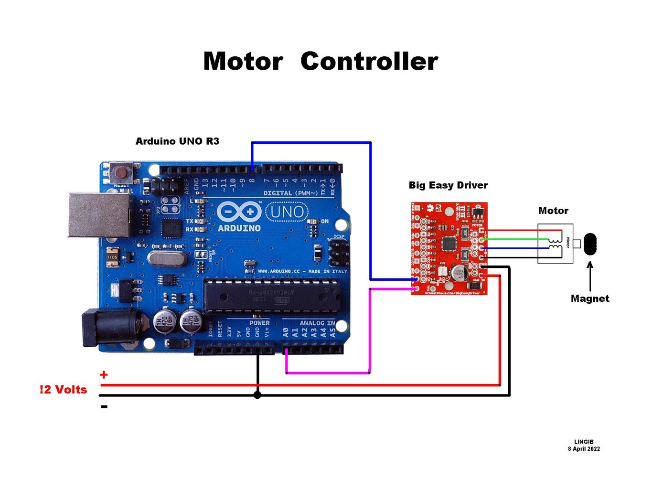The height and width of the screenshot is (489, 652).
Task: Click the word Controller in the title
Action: click(x=369, y=62)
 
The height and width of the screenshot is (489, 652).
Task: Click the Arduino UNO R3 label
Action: click(x=177, y=141)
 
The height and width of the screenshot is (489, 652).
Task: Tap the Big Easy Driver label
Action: click(x=448, y=185)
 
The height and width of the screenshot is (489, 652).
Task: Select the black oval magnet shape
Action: click(x=590, y=244)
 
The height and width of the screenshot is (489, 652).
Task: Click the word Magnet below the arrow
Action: click(x=590, y=299)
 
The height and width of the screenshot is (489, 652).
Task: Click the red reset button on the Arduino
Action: click(x=122, y=171)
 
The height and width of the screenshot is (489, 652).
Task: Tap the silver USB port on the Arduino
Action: click(x=99, y=215)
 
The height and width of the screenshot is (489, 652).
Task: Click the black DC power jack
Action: click(x=110, y=327)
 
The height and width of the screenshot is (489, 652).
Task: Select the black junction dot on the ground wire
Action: click(x=257, y=395)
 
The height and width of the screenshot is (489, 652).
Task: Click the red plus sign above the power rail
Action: click(x=104, y=375)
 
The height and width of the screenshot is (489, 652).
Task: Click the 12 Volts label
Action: click(x=64, y=390)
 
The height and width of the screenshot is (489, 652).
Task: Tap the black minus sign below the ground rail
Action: click(x=104, y=407)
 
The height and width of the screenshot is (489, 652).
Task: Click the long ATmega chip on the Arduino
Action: click(x=270, y=296)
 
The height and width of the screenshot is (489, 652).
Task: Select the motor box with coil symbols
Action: click(x=555, y=244)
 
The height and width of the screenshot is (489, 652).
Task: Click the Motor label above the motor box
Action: click(x=553, y=211)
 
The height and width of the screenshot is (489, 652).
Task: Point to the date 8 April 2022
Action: click(x=584, y=449)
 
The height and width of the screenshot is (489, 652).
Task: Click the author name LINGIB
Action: click(x=584, y=442)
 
